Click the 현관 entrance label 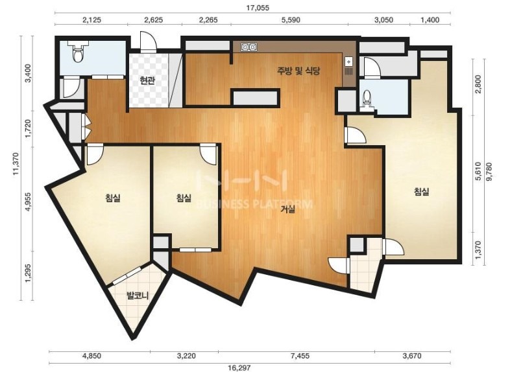pyautogui.click(x=147, y=80)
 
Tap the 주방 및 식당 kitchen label pyautogui.click(x=298, y=71)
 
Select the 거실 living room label pyautogui.click(x=287, y=209)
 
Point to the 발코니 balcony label pyautogui.click(x=137, y=295)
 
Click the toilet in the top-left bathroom pyautogui.click(x=78, y=53)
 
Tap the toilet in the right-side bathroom pyautogui.click(x=367, y=98)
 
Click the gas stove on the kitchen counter pyautogui.click(x=249, y=47)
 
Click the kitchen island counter pyautogui.click(x=255, y=98)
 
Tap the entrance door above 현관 pyautogui.click(x=148, y=41)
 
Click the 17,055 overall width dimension pyautogui.click(x=258, y=8)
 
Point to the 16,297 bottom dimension pyautogui.click(x=239, y=367)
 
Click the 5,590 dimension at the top pyautogui.click(x=291, y=20)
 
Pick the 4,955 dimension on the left pyautogui.click(x=29, y=202)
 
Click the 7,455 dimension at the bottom pyautogui.click(x=300, y=356)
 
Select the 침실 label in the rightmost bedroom pyautogui.click(x=421, y=191)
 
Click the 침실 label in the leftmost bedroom pyautogui.click(x=113, y=198)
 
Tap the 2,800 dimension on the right pyautogui.click(x=478, y=84)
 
